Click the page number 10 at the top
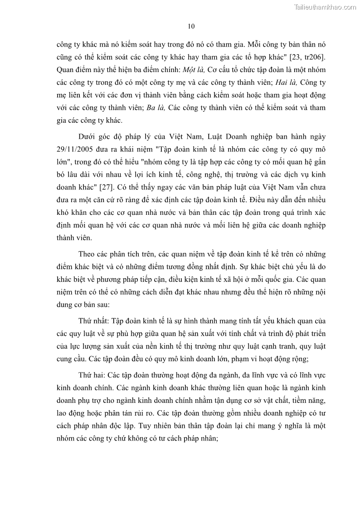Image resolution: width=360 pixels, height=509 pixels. tap(191, 26)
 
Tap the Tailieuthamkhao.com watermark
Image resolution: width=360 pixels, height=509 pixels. tap(325, 7)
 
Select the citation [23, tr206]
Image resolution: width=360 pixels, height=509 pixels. tap(304, 57)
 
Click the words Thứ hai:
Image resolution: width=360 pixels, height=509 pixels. tap(93, 376)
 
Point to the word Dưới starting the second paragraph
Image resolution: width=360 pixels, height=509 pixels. tap(88, 136)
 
